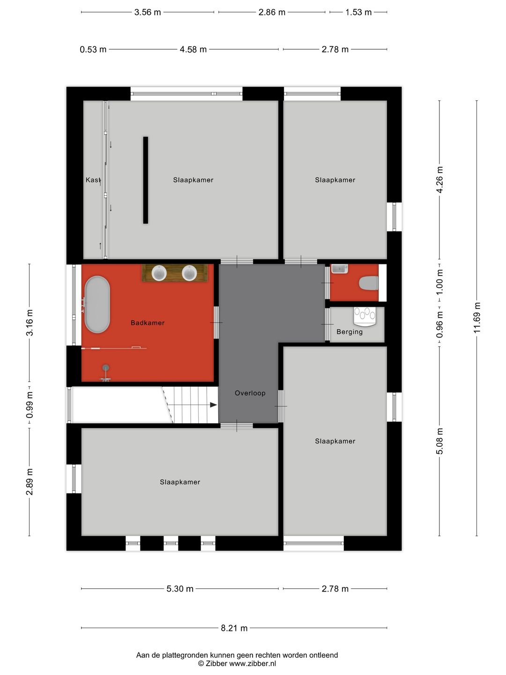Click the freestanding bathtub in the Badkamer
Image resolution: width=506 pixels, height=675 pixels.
pyautogui.click(x=97, y=305)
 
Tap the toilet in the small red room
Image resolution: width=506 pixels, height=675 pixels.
pyautogui.click(x=369, y=283)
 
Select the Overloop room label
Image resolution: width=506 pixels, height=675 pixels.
pyautogui.click(x=250, y=393)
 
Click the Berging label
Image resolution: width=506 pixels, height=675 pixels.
pyautogui.click(x=350, y=332)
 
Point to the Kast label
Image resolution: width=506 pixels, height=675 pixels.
pyautogui.click(x=93, y=180)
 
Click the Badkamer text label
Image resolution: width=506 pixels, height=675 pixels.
pyautogui.click(x=148, y=323)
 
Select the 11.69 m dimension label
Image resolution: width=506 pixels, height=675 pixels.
pyautogui.click(x=477, y=318)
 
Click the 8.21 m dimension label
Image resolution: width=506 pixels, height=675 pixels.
pyautogui.click(x=234, y=628)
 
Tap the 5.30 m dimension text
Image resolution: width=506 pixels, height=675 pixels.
pyautogui.click(x=180, y=589)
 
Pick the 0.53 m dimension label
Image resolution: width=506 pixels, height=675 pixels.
pyautogui.click(x=93, y=50)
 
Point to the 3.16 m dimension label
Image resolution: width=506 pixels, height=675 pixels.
pyautogui.click(x=30, y=322)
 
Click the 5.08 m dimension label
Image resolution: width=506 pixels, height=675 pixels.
pyautogui.click(x=439, y=441)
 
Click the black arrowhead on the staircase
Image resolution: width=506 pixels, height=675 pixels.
pyautogui.click(x=213, y=405)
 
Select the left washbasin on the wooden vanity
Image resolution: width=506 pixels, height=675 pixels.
pyautogui.click(x=159, y=273)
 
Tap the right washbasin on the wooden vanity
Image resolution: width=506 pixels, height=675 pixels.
pyautogui.click(x=189, y=273)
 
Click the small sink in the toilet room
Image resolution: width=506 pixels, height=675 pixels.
pyautogui.click(x=339, y=269)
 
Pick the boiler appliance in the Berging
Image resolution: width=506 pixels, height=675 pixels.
pyautogui.click(x=365, y=315)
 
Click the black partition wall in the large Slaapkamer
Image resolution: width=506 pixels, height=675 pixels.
pyautogui.click(x=146, y=180)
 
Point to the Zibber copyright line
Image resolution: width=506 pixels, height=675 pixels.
pyautogui.click(x=237, y=664)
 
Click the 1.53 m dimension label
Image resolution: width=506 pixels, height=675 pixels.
pyautogui.click(x=358, y=12)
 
